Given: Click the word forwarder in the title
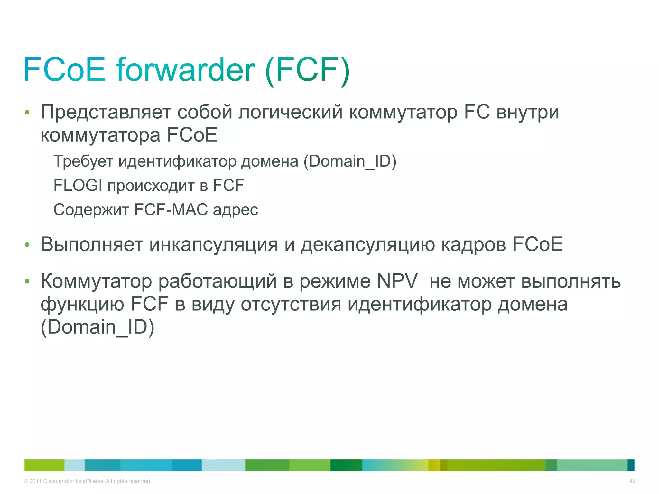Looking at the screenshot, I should (186, 70).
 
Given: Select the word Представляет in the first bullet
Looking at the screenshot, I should (106, 112).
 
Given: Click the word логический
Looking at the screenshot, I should (290, 112).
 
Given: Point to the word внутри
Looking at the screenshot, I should (528, 112).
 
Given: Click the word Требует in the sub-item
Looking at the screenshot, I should (83, 161).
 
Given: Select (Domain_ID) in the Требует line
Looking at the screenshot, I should (350, 161).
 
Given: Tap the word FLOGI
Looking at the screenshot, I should (78, 186).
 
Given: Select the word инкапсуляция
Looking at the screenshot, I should (214, 245).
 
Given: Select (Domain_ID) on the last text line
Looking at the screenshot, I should (97, 327).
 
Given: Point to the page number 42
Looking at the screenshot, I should (632, 481).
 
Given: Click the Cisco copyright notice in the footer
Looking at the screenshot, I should (88, 481).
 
